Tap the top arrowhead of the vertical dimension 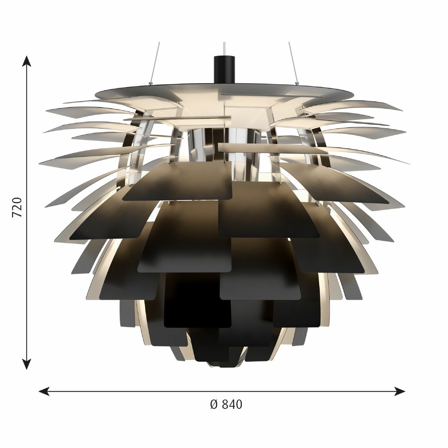(x=27, y=61)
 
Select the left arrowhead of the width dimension (x=44, y=391)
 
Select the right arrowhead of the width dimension (x=399, y=391)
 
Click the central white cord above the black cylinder (x=224, y=49)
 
